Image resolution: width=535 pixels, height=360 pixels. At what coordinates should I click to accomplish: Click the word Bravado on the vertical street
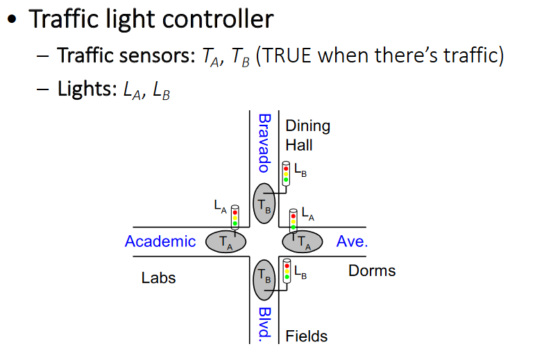[263, 143]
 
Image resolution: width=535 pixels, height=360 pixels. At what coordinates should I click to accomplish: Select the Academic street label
[160, 241]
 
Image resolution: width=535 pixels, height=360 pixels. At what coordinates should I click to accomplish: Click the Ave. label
[352, 241]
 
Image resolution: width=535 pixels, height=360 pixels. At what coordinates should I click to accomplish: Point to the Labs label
[159, 278]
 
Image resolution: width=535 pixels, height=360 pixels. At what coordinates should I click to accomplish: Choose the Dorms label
[372, 271]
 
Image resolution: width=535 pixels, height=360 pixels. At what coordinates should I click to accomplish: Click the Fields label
[307, 336]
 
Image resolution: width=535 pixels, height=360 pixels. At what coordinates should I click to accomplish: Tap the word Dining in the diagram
[307, 126]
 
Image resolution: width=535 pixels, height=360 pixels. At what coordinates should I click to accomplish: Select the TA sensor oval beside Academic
[226, 241]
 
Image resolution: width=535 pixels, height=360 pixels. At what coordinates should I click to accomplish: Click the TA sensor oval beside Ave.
[303, 241]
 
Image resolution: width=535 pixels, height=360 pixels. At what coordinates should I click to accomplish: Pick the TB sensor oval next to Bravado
[264, 203]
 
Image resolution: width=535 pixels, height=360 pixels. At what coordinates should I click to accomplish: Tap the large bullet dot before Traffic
[12, 20]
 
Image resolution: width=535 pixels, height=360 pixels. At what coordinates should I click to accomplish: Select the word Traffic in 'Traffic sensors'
[83, 55]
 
